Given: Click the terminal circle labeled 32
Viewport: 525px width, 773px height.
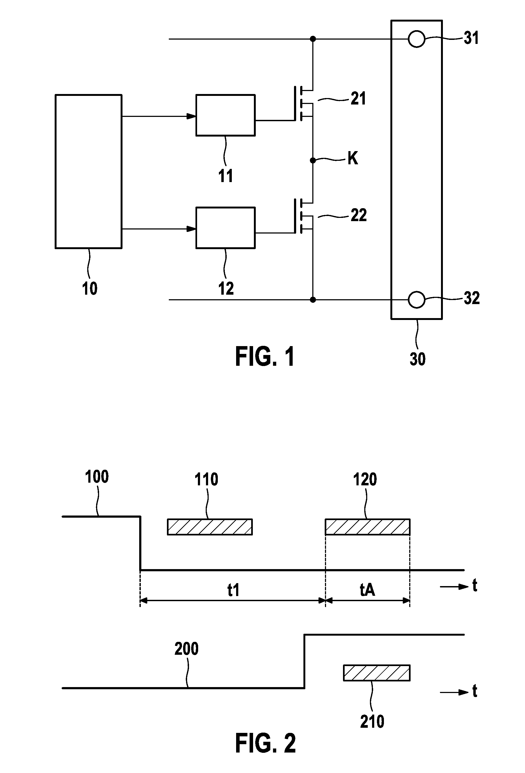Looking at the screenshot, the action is coord(416,300).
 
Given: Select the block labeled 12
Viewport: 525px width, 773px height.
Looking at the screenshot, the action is coord(225,228).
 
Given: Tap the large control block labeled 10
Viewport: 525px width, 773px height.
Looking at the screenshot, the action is coord(88,172).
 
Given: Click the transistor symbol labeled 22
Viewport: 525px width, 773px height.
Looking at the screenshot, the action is coord(303,216).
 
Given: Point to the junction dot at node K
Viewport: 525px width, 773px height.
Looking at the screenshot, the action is coord(313,161).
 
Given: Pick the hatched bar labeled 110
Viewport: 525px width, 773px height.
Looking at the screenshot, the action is coord(210,527).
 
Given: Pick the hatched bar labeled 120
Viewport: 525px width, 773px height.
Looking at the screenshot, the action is coord(367,527).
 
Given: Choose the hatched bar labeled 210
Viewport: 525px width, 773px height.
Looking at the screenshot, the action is coord(377,673).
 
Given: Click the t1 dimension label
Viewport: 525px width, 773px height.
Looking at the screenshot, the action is coord(233,590).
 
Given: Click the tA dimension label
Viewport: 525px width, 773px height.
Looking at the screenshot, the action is coord(367,590).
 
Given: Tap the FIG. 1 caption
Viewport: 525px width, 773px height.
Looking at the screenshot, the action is coord(265,357).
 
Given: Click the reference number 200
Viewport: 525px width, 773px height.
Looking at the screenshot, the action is coord(187,649).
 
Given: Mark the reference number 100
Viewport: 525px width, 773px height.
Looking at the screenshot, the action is coord(97,477).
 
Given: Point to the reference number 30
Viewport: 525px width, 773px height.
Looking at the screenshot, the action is coord(418,359).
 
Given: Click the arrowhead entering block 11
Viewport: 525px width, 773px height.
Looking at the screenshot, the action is coord(191,116).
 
